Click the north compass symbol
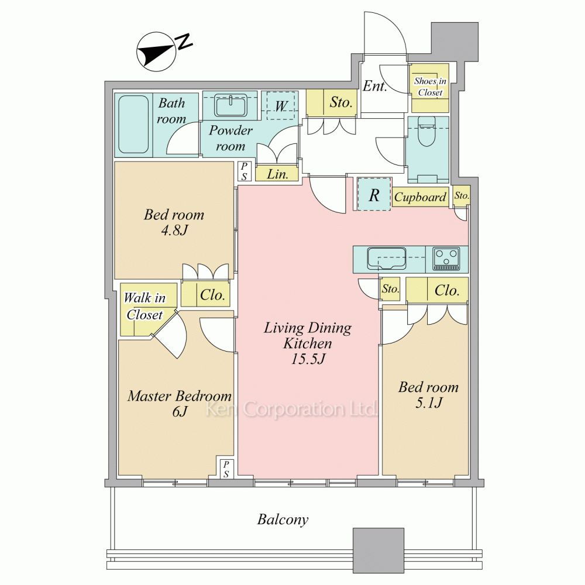(164, 51)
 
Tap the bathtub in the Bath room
(133, 124)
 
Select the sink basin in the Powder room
(230, 105)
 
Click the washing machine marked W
(281, 105)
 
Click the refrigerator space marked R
(374, 194)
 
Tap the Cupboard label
(420, 197)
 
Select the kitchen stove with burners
(446, 259)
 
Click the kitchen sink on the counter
(387, 259)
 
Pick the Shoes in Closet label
(430, 87)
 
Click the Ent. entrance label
(374, 86)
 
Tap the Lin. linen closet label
(277, 174)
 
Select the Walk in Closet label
(144, 306)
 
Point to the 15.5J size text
(308, 359)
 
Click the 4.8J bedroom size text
(174, 230)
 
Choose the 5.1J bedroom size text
(429, 402)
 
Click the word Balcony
(283, 519)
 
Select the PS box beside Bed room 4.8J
(244, 171)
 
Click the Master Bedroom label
(180, 396)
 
